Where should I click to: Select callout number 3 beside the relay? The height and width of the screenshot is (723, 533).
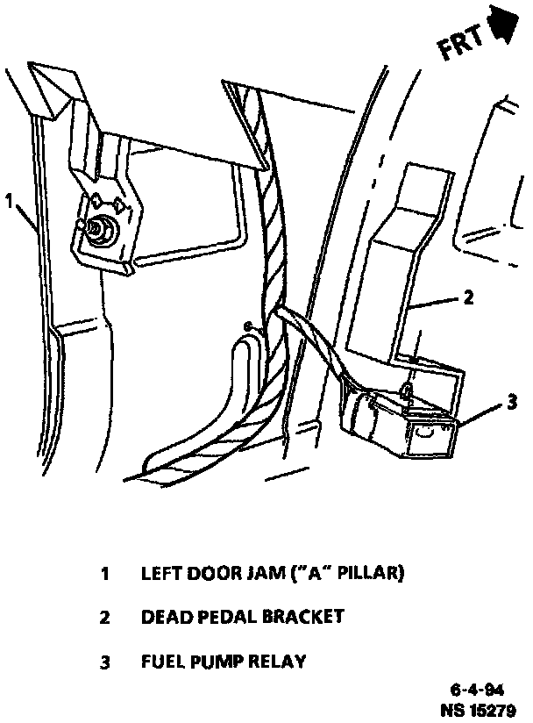512,404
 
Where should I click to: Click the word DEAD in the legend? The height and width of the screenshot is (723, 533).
166,617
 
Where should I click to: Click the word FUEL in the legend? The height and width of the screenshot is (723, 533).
163,661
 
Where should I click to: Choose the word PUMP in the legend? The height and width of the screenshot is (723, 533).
218,661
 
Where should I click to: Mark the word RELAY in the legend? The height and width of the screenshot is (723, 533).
280,661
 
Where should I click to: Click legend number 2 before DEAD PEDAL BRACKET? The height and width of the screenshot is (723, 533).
104,618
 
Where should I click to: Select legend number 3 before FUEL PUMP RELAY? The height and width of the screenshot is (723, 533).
104,662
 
